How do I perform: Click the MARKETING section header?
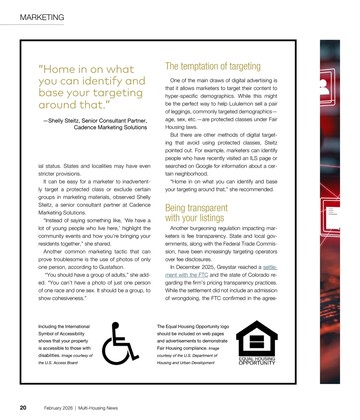point(42,17)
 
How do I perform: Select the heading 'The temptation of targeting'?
point(213,66)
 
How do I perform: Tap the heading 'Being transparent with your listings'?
point(196,213)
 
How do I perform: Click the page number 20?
point(23,408)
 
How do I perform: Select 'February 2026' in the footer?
point(58,408)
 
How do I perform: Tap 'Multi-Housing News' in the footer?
point(98,408)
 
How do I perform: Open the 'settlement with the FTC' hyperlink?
point(187,275)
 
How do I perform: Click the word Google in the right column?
point(204,166)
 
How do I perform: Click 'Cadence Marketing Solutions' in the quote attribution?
point(110,127)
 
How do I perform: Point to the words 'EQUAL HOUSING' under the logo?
point(257,359)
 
